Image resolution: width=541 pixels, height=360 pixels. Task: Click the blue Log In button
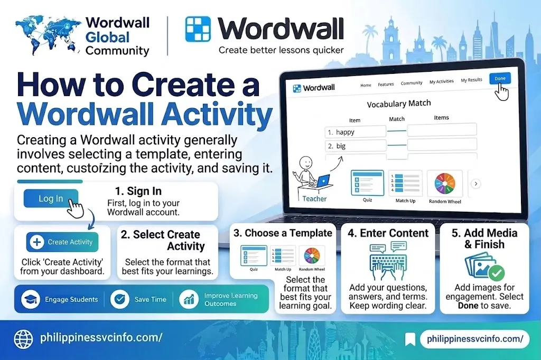[51, 198]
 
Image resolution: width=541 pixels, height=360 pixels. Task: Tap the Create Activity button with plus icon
[62, 242]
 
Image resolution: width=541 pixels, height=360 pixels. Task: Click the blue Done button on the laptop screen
[500, 79]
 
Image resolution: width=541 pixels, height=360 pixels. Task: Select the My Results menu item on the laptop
[471, 80]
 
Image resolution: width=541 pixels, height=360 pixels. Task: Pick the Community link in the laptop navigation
[411, 83]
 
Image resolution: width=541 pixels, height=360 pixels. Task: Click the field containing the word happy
[356, 132]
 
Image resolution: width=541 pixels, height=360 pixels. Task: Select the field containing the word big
[356, 146]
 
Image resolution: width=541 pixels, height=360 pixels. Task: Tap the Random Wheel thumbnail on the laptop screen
[445, 186]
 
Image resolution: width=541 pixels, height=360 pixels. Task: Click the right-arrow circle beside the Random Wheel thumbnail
[476, 184]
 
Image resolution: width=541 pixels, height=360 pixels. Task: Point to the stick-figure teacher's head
[306, 162]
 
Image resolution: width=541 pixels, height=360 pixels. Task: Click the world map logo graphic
[48, 36]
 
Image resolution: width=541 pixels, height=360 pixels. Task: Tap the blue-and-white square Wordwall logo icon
[198, 29]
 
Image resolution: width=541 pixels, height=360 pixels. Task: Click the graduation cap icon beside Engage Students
[31, 299]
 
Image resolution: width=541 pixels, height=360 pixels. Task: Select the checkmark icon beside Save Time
[120, 299]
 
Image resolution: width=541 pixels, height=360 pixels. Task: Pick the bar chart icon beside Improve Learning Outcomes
[189, 299]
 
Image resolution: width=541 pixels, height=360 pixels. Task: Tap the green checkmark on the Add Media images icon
[497, 273]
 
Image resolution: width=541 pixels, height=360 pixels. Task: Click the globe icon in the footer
[23, 338]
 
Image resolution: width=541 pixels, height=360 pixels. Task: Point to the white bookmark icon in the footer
[410, 339]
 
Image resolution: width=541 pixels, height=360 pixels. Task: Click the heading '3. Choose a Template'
[283, 233]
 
